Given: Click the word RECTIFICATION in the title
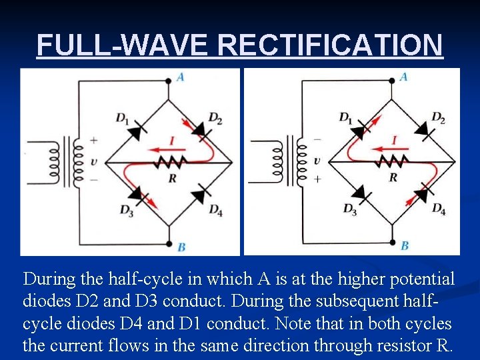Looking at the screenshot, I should (330, 45).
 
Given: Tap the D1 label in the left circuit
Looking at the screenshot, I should (122, 119).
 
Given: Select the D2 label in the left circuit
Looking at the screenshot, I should (215, 119).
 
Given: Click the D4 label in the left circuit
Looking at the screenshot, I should (215, 210).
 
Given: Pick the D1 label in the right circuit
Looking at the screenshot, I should (345, 118).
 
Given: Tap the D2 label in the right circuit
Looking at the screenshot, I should (437, 118).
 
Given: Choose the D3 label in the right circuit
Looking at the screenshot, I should (349, 209).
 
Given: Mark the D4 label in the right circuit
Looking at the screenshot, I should (438, 209).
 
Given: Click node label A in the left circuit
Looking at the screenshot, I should (181, 77).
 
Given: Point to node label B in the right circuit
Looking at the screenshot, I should (404, 246).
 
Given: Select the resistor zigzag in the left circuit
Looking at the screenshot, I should (170, 162).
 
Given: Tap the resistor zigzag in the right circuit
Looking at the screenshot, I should (393, 161).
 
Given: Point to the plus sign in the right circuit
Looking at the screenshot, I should (317, 179).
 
